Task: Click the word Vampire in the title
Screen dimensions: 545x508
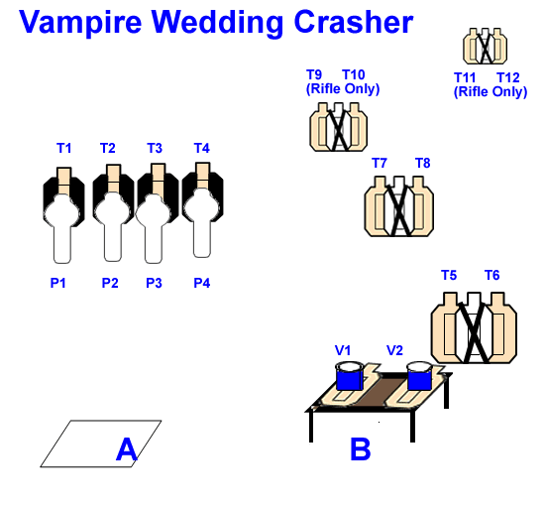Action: tap(80, 23)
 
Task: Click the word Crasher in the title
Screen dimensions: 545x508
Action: tap(354, 22)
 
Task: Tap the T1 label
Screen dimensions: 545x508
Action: tap(64, 148)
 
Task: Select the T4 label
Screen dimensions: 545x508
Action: tap(201, 148)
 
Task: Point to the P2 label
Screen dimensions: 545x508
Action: tap(110, 283)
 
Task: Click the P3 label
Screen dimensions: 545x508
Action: tap(154, 283)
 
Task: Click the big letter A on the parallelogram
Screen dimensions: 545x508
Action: tap(127, 449)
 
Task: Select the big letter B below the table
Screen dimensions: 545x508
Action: tap(361, 448)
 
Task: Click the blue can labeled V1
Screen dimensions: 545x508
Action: tap(350, 376)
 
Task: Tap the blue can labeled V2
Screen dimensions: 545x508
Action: tap(419, 376)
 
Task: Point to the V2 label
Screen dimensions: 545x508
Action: tap(394, 350)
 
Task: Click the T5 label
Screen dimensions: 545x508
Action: tap(449, 275)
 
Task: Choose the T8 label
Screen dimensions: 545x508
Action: tap(423, 163)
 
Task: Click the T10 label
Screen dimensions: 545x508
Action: tap(354, 74)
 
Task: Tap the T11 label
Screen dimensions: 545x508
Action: tap(465, 77)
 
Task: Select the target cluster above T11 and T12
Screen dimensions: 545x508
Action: tap(486, 46)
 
